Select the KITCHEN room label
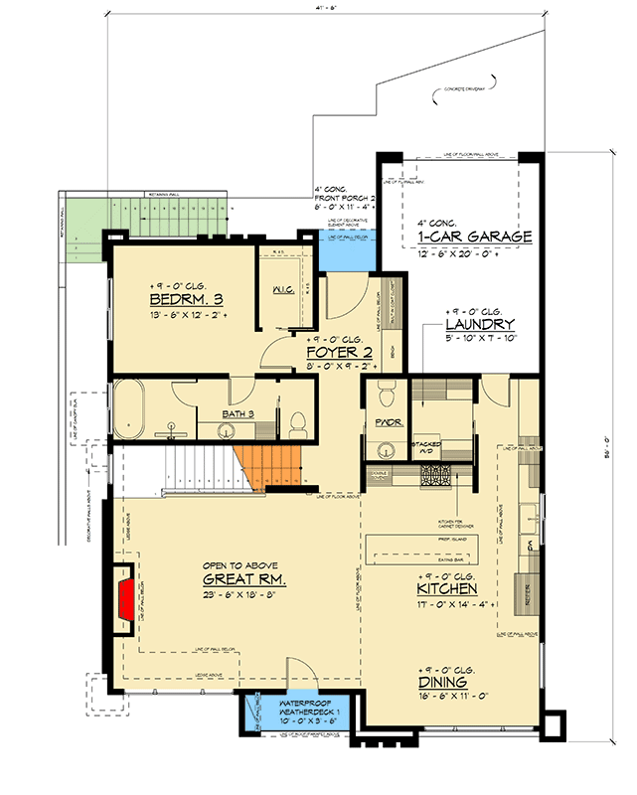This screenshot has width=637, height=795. point(446,590)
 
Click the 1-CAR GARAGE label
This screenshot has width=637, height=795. point(468,237)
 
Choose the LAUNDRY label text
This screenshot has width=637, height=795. point(480,325)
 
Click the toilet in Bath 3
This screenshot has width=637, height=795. point(297,421)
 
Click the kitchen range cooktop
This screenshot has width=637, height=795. point(438,477)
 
